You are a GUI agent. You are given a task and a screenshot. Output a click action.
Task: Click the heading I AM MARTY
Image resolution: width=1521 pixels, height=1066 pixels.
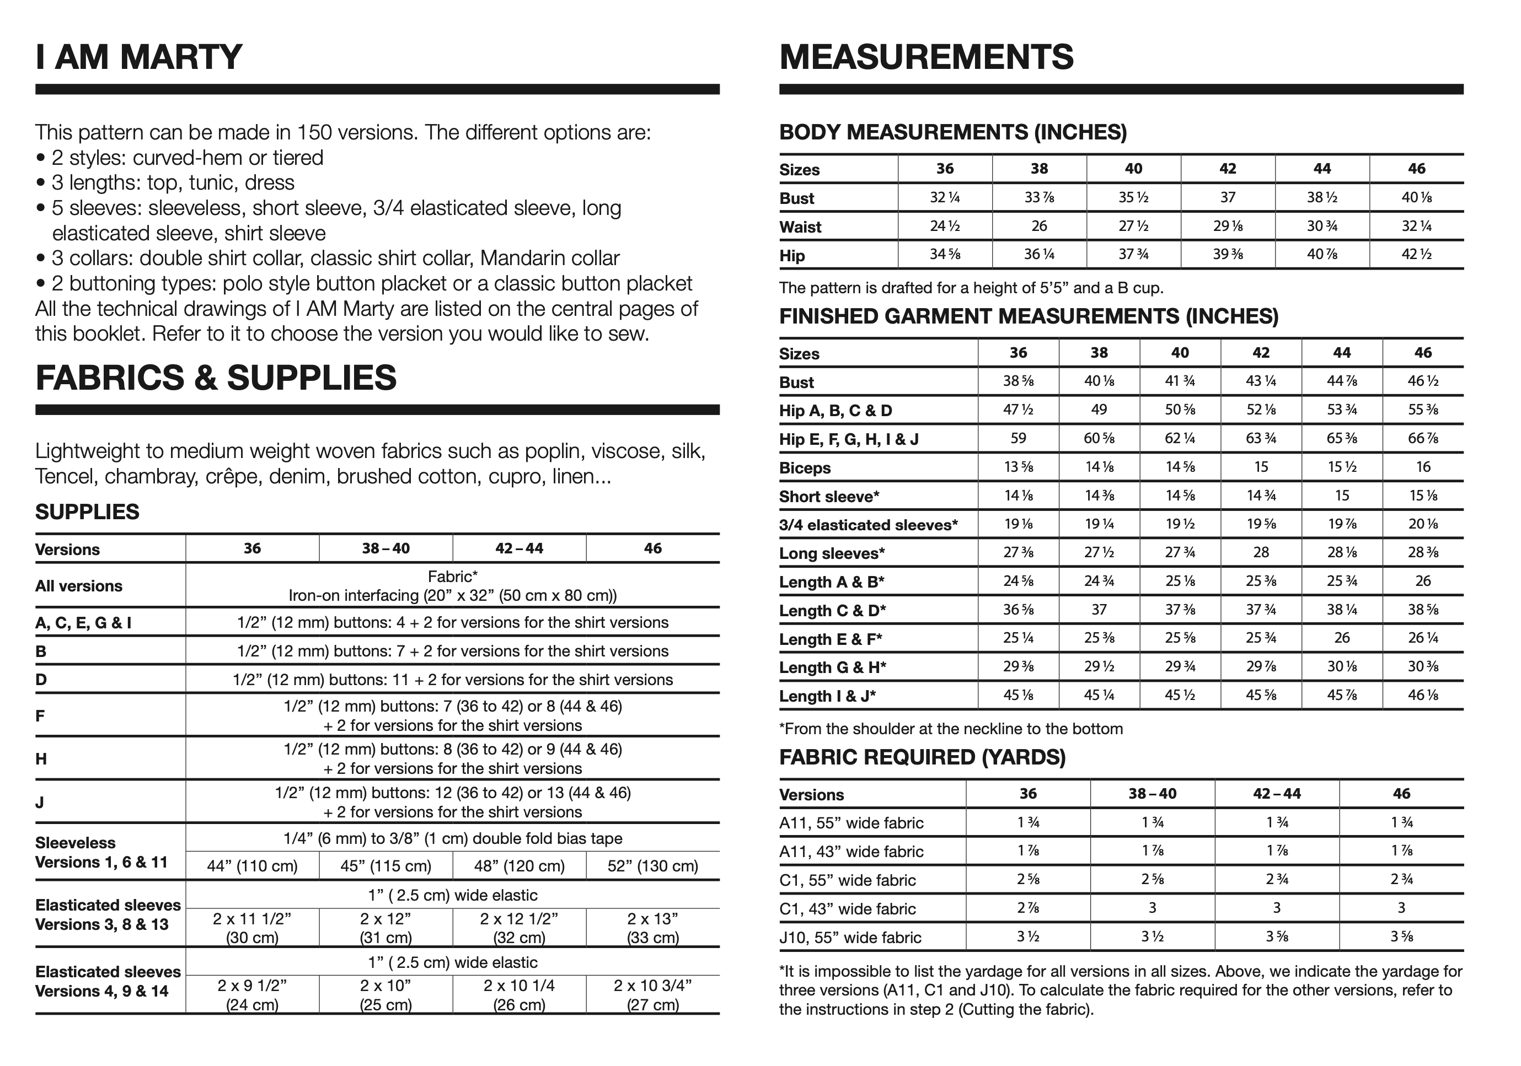point(138,57)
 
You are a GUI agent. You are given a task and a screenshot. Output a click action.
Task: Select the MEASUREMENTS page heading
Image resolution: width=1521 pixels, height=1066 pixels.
point(926,57)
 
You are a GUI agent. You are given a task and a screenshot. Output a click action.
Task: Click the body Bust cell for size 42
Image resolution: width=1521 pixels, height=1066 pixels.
point(1228,197)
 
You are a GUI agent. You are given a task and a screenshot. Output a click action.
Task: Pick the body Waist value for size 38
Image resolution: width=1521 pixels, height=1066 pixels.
point(1039,227)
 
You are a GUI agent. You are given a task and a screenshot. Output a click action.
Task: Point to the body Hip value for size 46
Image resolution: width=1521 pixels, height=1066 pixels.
point(1416,255)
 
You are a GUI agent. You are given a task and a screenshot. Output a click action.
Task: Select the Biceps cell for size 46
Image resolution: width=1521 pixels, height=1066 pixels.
point(1423,467)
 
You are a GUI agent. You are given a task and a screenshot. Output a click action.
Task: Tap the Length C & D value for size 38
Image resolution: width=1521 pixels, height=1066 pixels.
point(1099,610)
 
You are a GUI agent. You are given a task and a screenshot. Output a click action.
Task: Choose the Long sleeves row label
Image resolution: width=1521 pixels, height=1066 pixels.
point(832,553)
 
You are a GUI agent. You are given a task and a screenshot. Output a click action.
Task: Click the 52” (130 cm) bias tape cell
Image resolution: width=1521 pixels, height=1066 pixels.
point(652,866)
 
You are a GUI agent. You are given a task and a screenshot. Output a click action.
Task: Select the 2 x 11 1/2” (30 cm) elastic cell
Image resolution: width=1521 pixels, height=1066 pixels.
point(253,928)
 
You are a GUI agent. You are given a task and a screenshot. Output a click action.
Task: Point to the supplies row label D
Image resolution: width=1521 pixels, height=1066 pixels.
point(41,679)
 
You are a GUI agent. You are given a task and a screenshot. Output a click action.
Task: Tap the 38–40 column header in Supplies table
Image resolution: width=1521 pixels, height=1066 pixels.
point(385,549)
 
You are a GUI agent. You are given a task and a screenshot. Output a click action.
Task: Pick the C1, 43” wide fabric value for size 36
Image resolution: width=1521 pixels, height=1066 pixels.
point(1027,908)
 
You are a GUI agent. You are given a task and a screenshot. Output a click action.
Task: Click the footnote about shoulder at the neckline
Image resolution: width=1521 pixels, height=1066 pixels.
point(951,729)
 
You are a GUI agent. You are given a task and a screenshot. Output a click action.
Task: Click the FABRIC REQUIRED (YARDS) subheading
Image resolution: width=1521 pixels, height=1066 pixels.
point(922,757)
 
